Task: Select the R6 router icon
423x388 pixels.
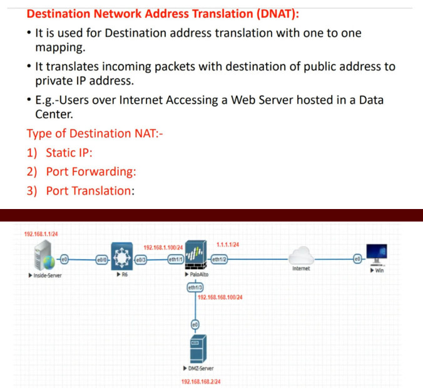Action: click(x=120, y=257)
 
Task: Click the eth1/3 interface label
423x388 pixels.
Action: click(x=195, y=287)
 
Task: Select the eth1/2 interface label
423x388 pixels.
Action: click(x=219, y=259)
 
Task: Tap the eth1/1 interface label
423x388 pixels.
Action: click(x=174, y=259)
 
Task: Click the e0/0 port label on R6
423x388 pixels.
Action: click(x=102, y=259)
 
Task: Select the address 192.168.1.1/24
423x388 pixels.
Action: click(x=41, y=234)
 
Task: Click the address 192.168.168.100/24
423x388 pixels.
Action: click(x=220, y=297)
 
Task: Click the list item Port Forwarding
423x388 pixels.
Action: click(x=91, y=171)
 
